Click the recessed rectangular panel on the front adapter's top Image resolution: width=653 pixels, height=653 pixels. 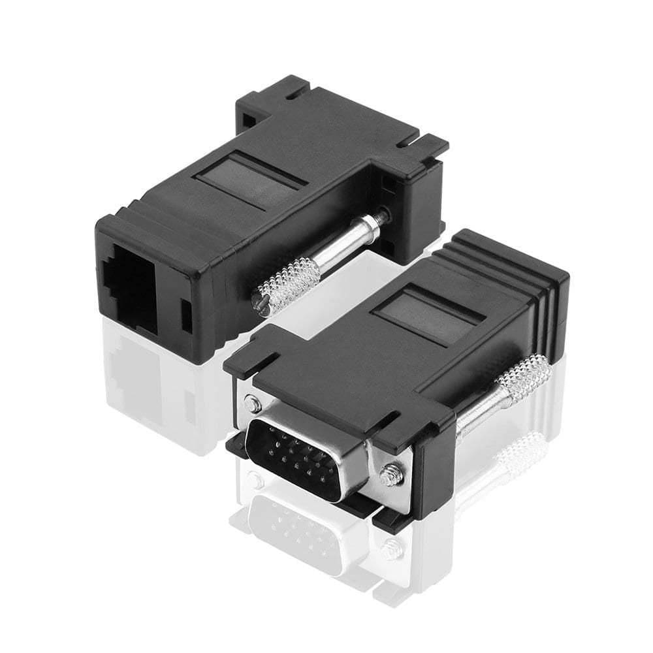[x=432, y=317]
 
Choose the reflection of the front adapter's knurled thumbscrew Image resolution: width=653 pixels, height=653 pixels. [x=522, y=451]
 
